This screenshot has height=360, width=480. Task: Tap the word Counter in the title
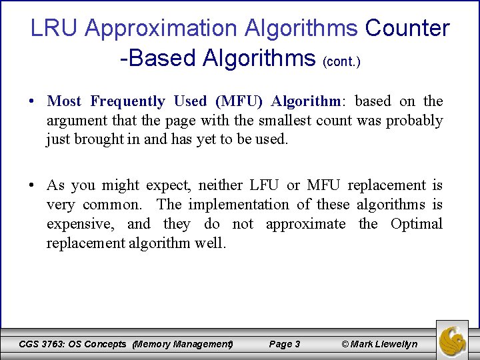point(407,29)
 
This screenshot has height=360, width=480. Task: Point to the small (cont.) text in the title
point(341,62)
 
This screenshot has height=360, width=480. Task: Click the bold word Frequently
point(127,101)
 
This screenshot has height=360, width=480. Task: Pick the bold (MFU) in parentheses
point(239,101)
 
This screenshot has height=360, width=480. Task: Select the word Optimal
point(417,224)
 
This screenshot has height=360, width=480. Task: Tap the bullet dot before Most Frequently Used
point(32,102)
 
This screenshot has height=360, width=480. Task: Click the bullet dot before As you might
point(32,186)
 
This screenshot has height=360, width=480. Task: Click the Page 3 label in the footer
point(284,344)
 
